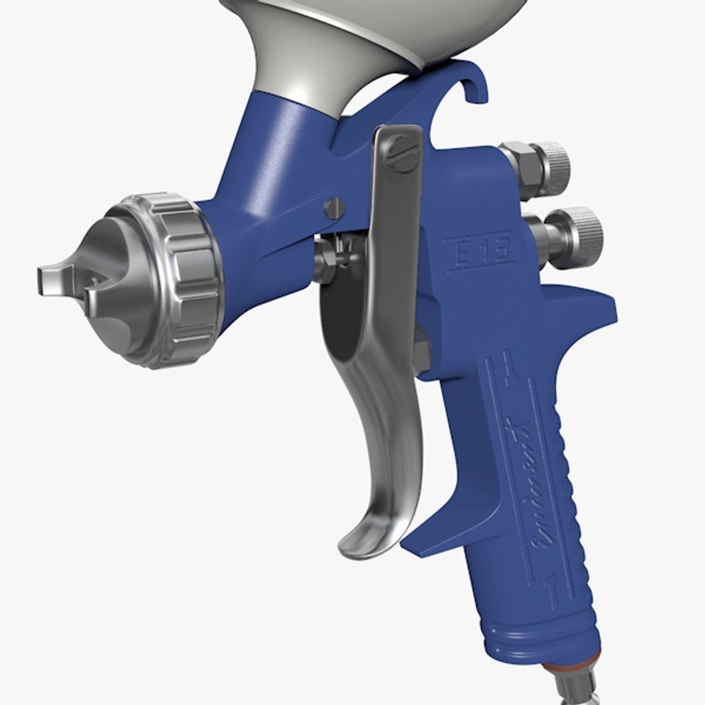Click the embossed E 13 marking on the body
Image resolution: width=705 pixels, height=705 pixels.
(479, 249)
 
